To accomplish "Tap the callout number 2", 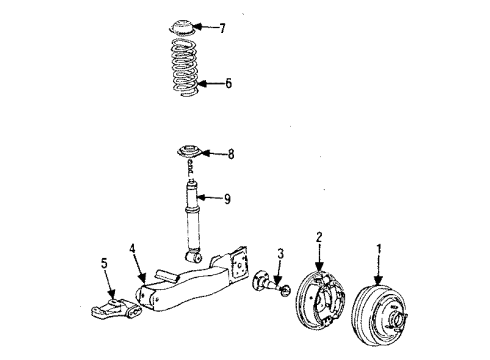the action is pos(319,236).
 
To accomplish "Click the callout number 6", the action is pos(228,84).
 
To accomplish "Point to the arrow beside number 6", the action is pos(210,84).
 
